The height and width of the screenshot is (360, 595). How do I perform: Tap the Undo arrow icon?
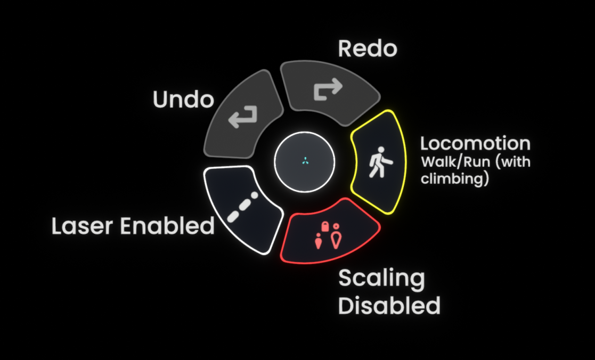(243, 117)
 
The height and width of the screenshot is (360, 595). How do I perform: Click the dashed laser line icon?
(243, 207)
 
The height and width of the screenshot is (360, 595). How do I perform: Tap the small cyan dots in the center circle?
(304, 161)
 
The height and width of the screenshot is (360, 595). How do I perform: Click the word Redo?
(368, 50)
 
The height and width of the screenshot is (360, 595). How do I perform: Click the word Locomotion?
(475, 144)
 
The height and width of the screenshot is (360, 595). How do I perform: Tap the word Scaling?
(381, 279)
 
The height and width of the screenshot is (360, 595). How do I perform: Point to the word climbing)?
(454, 179)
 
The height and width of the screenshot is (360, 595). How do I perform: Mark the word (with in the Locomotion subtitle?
(512, 161)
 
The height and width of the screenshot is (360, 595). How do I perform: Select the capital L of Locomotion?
(425, 144)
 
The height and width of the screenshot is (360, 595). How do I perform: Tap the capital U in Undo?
(160, 100)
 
